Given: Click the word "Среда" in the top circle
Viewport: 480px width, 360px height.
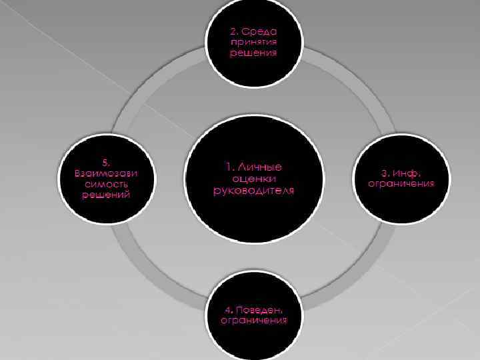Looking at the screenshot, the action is click(262, 31).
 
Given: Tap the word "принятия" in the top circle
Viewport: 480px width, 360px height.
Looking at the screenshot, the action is click(253, 42).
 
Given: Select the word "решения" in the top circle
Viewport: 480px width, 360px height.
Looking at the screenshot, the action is click(253, 53).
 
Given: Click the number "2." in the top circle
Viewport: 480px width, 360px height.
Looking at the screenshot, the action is click(235, 31).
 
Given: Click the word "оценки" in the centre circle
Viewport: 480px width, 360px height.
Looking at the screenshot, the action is click(253, 178).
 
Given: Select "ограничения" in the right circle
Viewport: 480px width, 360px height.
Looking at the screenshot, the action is click(401, 183).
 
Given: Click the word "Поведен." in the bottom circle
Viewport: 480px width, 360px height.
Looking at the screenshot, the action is click(261, 310).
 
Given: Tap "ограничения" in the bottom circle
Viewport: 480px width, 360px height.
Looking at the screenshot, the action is click(253, 321).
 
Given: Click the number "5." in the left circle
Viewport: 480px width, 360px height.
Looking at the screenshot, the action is click(107, 162).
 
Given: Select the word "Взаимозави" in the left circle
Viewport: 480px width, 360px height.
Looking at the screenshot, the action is click(107, 173).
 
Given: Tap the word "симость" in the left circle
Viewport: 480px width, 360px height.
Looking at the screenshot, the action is click(107, 183).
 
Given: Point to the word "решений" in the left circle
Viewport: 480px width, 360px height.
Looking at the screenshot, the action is click(107, 195).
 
